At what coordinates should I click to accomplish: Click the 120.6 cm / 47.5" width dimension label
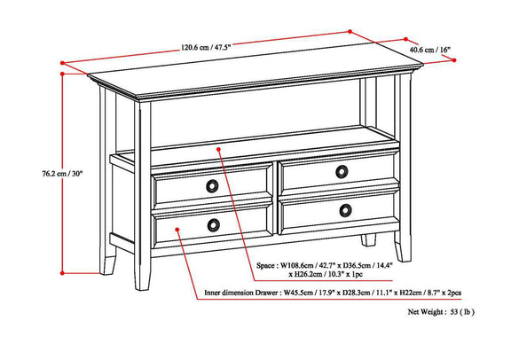click(206, 48)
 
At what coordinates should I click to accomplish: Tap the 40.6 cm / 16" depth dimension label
click(429, 50)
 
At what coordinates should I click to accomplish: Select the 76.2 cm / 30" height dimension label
click(62, 174)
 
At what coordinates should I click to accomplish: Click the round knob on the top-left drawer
click(212, 185)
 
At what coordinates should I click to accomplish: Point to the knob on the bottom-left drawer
click(213, 225)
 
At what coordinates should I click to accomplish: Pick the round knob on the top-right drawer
click(342, 172)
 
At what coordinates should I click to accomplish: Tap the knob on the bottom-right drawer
click(345, 210)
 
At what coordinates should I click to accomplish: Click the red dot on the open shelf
click(218, 149)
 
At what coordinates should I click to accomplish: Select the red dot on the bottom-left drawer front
click(177, 230)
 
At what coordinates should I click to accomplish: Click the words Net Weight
click(425, 312)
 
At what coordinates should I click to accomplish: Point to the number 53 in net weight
click(454, 312)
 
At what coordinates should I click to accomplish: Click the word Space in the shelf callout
click(265, 265)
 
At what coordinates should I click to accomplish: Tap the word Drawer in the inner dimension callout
click(267, 293)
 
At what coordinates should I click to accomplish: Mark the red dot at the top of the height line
click(62, 74)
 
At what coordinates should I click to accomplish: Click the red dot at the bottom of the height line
click(62, 273)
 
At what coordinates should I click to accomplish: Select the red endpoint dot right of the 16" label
click(454, 60)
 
